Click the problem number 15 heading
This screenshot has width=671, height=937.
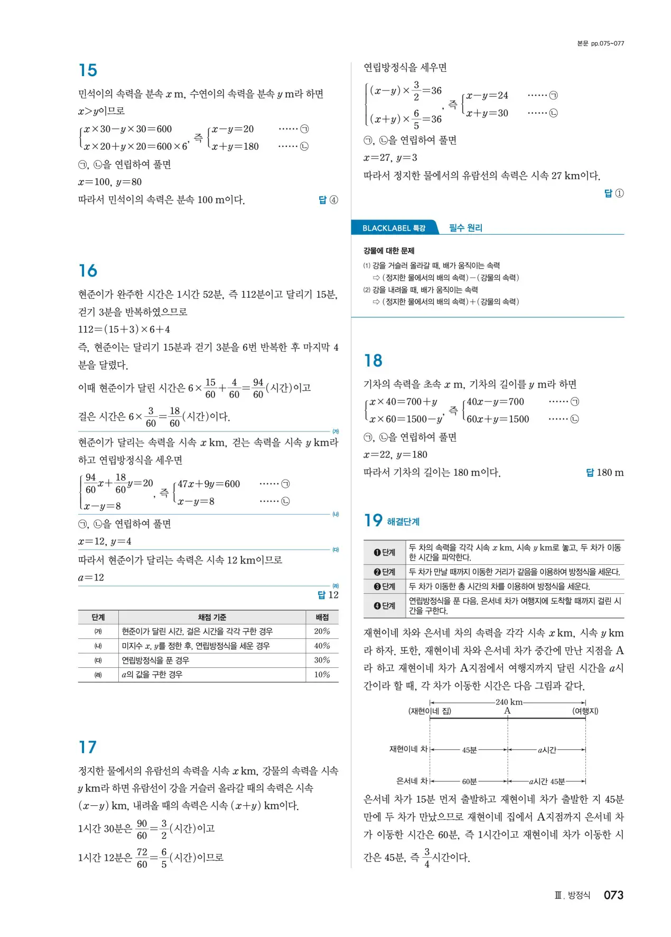88,70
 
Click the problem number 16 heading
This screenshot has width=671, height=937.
88,271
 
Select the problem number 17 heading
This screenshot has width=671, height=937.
88,747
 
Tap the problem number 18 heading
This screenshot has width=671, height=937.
373,361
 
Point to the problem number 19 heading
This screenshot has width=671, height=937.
373,520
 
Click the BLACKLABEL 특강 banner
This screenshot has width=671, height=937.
394,228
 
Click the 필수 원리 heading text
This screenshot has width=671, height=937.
465,228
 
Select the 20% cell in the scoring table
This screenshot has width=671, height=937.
322,631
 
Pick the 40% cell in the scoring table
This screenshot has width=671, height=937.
322,646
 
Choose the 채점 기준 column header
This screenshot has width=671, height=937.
212,617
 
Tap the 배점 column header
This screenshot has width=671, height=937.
322,617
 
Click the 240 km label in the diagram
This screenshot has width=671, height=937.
508,702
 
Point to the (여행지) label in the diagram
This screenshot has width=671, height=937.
585,711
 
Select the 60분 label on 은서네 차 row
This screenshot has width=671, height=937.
469,782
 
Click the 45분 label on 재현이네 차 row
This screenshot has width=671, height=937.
469,750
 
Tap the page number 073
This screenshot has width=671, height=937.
613,895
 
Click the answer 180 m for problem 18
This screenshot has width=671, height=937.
610,473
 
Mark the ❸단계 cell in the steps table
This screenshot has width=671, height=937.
385,586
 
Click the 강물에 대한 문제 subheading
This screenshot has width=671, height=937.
389,251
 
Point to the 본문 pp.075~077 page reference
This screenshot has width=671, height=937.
600,43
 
